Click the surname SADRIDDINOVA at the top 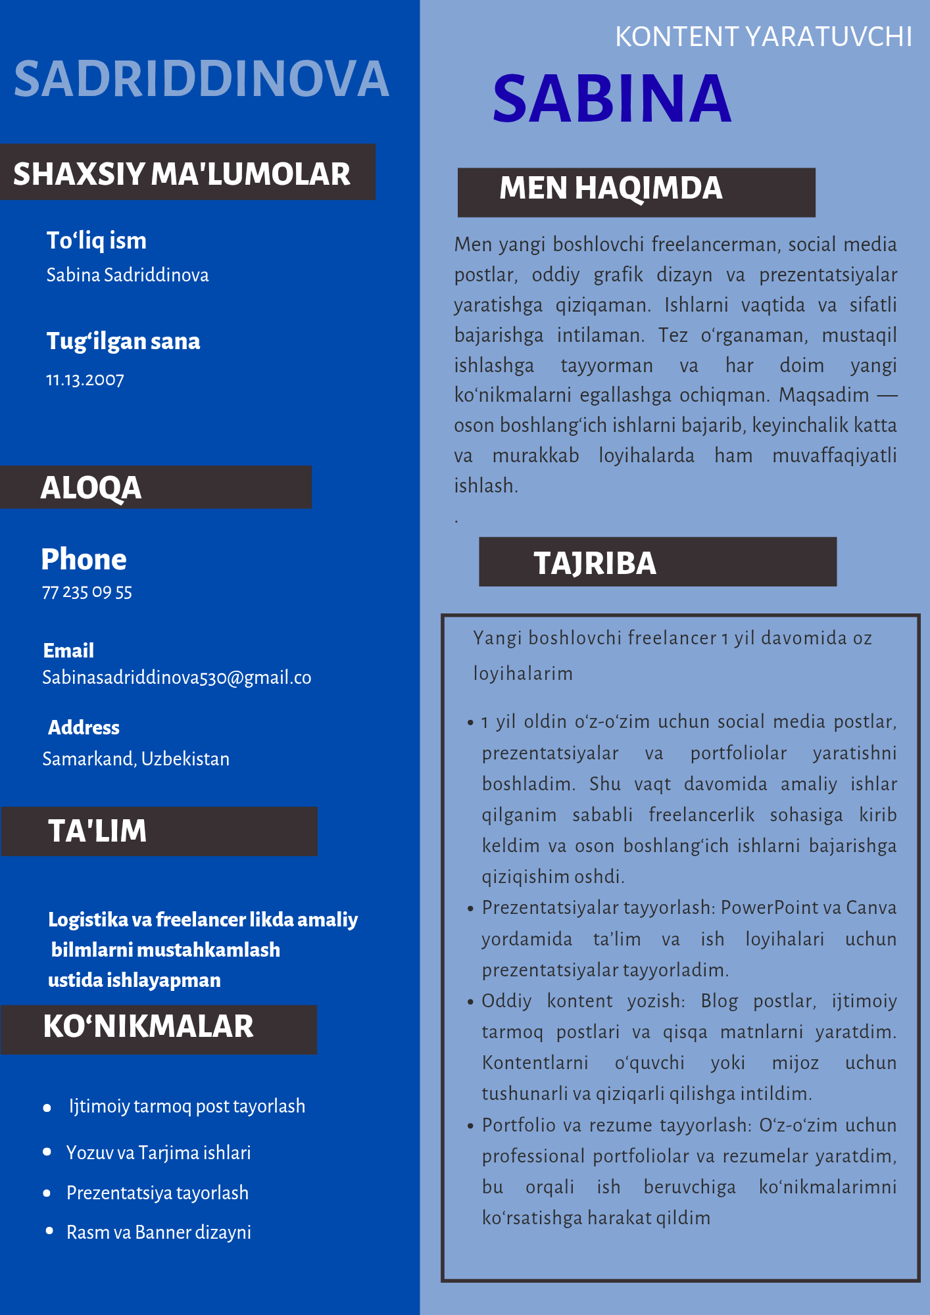coord(201,79)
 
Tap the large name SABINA coord(612,99)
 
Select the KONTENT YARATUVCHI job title coord(763,37)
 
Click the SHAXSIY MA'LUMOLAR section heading coord(182,174)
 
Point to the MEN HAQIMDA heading coord(610,189)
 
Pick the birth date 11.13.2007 coord(85,380)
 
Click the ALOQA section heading coord(91,488)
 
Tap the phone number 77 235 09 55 coord(87,592)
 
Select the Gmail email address coord(176,677)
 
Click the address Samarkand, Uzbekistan coord(135,759)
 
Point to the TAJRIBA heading coord(595,563)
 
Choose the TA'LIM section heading coord(97,831)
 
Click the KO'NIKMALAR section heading coord(148,1027)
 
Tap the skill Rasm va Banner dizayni coord(159,1232)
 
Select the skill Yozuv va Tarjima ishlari coord(159,1153)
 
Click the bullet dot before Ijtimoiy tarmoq coord(47,1108)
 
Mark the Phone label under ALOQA coord(84,560)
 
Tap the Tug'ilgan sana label coord(123,341)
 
